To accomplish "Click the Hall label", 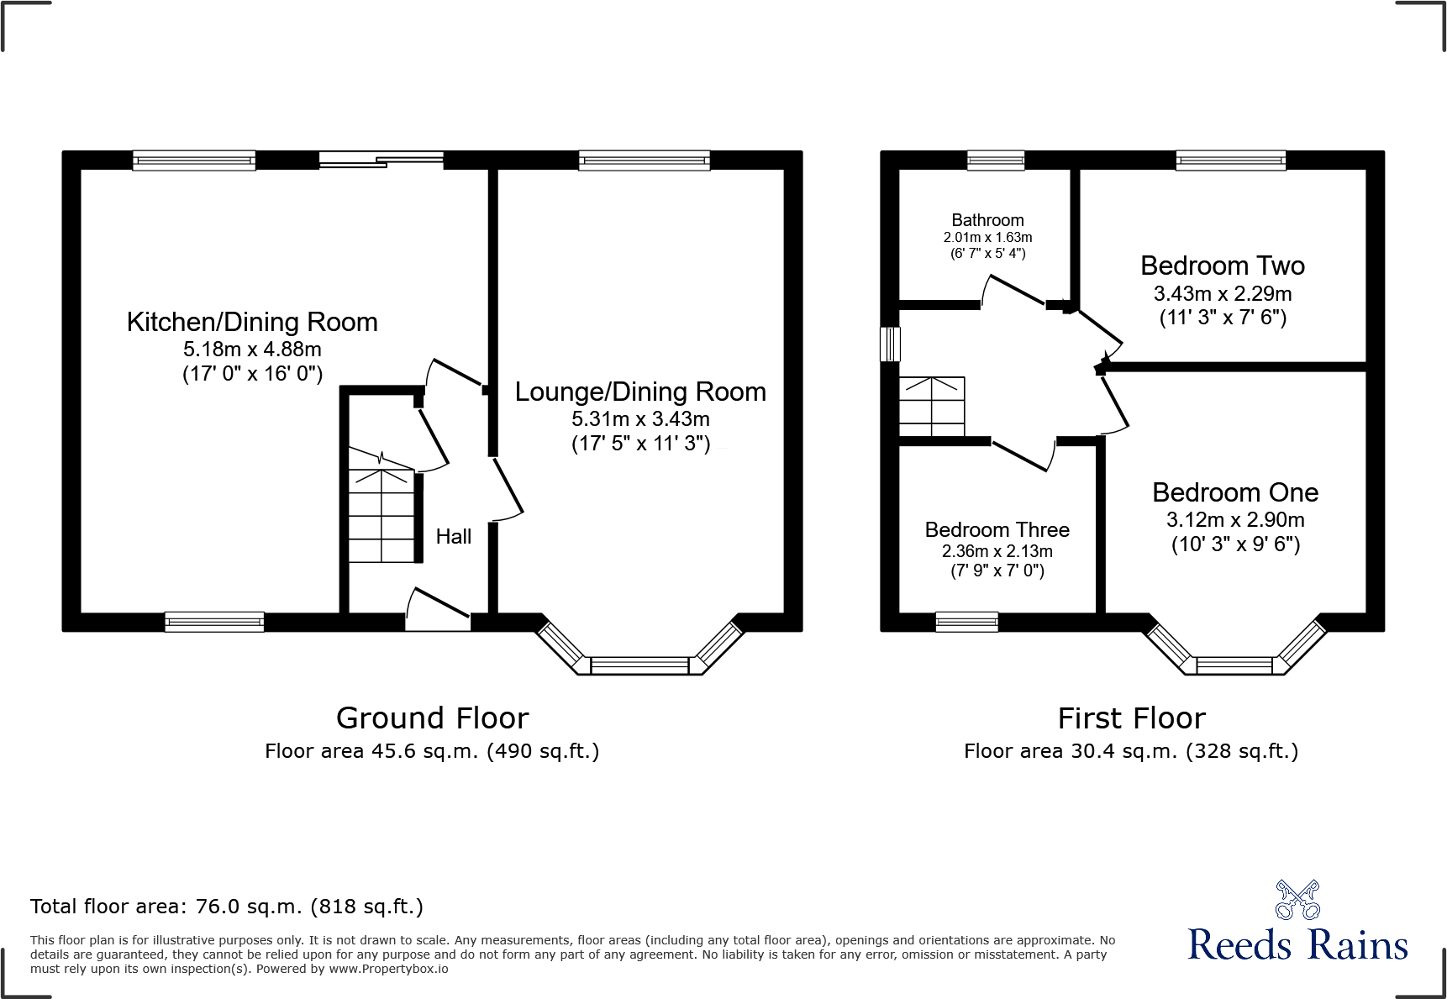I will click(x=453, y=536).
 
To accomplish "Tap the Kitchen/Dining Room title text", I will click(x=252, y=322).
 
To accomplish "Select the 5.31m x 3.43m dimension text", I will click(x=640, y=418).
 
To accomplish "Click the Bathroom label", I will click(x=987, y=220).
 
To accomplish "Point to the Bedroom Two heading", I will click(x=1222, y=266).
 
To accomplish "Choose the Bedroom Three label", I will click(x=997, y=530).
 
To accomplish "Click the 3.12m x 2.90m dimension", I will click(x=1235, y=519).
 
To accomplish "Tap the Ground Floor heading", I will click(x=432, y=718).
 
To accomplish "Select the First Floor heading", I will click(x=1131, y=718).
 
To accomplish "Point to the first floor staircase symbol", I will click(x=932, y=407).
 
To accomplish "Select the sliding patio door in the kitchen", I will click(x=381, y=160).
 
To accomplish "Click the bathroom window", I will click(x=995, y=160).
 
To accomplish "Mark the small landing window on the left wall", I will click(x=890, y=344).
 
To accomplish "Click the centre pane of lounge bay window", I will click(x=639, y=665).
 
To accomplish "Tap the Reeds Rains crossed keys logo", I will click(x=1297, y=900).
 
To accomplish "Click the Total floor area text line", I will click(x=227, y=907).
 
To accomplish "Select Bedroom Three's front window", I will click(x=966, y=622).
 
